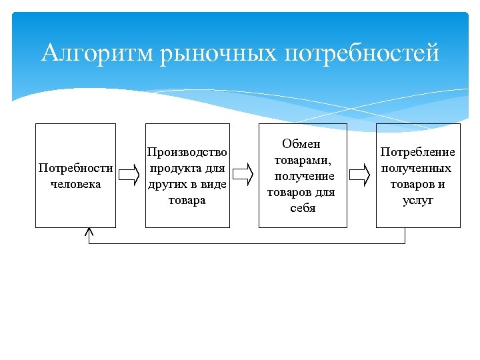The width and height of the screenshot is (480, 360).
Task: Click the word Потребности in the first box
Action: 75,168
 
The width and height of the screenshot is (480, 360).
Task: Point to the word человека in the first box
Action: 75,183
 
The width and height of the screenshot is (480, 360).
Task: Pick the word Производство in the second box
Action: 187,153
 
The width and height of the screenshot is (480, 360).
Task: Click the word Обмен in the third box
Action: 301,145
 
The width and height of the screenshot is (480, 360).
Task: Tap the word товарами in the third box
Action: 301,161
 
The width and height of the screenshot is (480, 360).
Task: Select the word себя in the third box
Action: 302,208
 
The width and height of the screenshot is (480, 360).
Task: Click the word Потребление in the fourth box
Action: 418,153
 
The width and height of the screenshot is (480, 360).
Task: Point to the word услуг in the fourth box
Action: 418,200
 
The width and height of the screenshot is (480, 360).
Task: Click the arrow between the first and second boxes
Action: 128,175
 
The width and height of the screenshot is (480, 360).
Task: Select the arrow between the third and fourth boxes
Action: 360,175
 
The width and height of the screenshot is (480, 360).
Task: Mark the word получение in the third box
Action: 304,177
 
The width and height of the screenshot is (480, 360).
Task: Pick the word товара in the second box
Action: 187,200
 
